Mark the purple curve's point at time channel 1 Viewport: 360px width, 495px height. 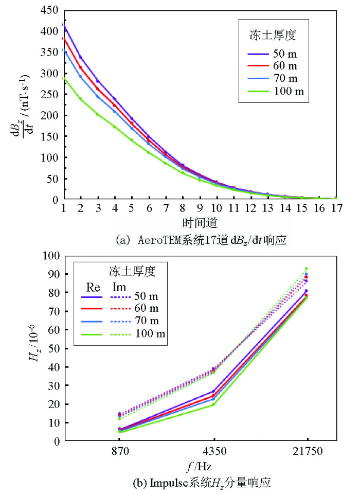coord(63,25)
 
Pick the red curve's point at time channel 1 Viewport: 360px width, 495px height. coord(63,39)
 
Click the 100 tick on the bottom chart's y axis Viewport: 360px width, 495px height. coord(52,256)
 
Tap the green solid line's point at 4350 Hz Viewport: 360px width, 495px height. coord(213,404)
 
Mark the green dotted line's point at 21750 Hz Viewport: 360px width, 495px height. coord(307,269)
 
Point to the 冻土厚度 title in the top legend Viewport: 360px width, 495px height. coord(276,36)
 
